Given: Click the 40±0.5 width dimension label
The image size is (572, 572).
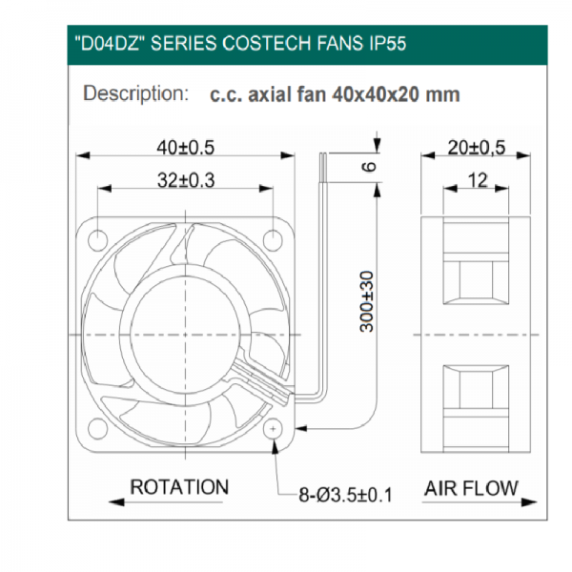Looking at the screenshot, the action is pos(185,148).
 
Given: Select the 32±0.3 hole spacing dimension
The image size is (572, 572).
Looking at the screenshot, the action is pos(186,180).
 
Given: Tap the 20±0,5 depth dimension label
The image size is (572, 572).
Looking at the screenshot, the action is pos(477,148).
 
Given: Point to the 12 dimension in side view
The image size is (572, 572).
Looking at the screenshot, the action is pos(478,180).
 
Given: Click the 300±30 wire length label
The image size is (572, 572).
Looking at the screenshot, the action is pos(367,301).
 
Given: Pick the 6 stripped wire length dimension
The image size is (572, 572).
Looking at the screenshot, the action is pos(368,167).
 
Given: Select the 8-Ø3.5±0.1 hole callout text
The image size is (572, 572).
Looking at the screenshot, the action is pos(345,495).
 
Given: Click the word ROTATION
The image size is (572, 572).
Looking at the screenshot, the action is pos(179,487).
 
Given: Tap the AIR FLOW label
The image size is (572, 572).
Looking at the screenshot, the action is pos(471,488).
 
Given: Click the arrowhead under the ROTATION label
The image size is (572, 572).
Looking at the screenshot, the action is pos(116,502).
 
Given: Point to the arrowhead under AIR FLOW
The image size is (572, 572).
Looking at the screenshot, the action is pos(529,502).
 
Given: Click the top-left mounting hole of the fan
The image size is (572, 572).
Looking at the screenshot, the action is pos(98,240).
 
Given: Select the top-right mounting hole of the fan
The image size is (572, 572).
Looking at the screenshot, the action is pos(273,240).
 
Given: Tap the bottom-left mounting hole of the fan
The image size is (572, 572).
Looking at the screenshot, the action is pos(98,429).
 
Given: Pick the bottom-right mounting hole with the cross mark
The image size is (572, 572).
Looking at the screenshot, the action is pos(273,429).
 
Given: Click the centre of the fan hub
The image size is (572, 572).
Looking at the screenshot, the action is pos(185,335).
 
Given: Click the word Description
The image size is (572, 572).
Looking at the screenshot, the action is pos(135,93).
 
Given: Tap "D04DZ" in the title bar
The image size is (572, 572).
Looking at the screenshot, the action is pos(109,44).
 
